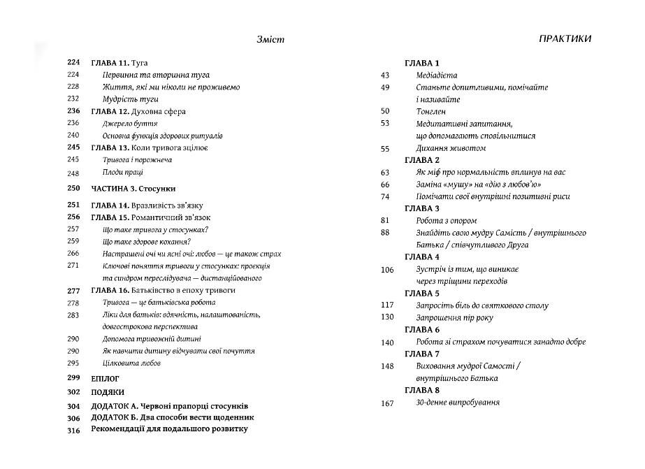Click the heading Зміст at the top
[x=270, y=41]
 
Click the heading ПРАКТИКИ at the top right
[x=565, y=39]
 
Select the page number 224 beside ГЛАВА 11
[x=73, y=63]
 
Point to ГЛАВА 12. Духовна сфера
[x=138, y=111]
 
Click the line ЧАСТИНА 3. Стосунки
[x=133, y=189]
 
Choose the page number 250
[x=73, y=189]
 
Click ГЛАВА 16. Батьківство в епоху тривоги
[x=163, y=290]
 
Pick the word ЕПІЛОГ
[x=106, y=378]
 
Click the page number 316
[x=73, y=430]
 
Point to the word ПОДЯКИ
[x=108, y=393]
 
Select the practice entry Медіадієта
[x=436, y=75]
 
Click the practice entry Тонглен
[x=430, y=111]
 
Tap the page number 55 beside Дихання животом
[x=384, y=149]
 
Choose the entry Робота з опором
[x=446, y=221]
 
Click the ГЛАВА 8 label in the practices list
[x=422, y=390]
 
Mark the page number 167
[x=387, y=403]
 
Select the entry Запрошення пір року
[x=454, y=317]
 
